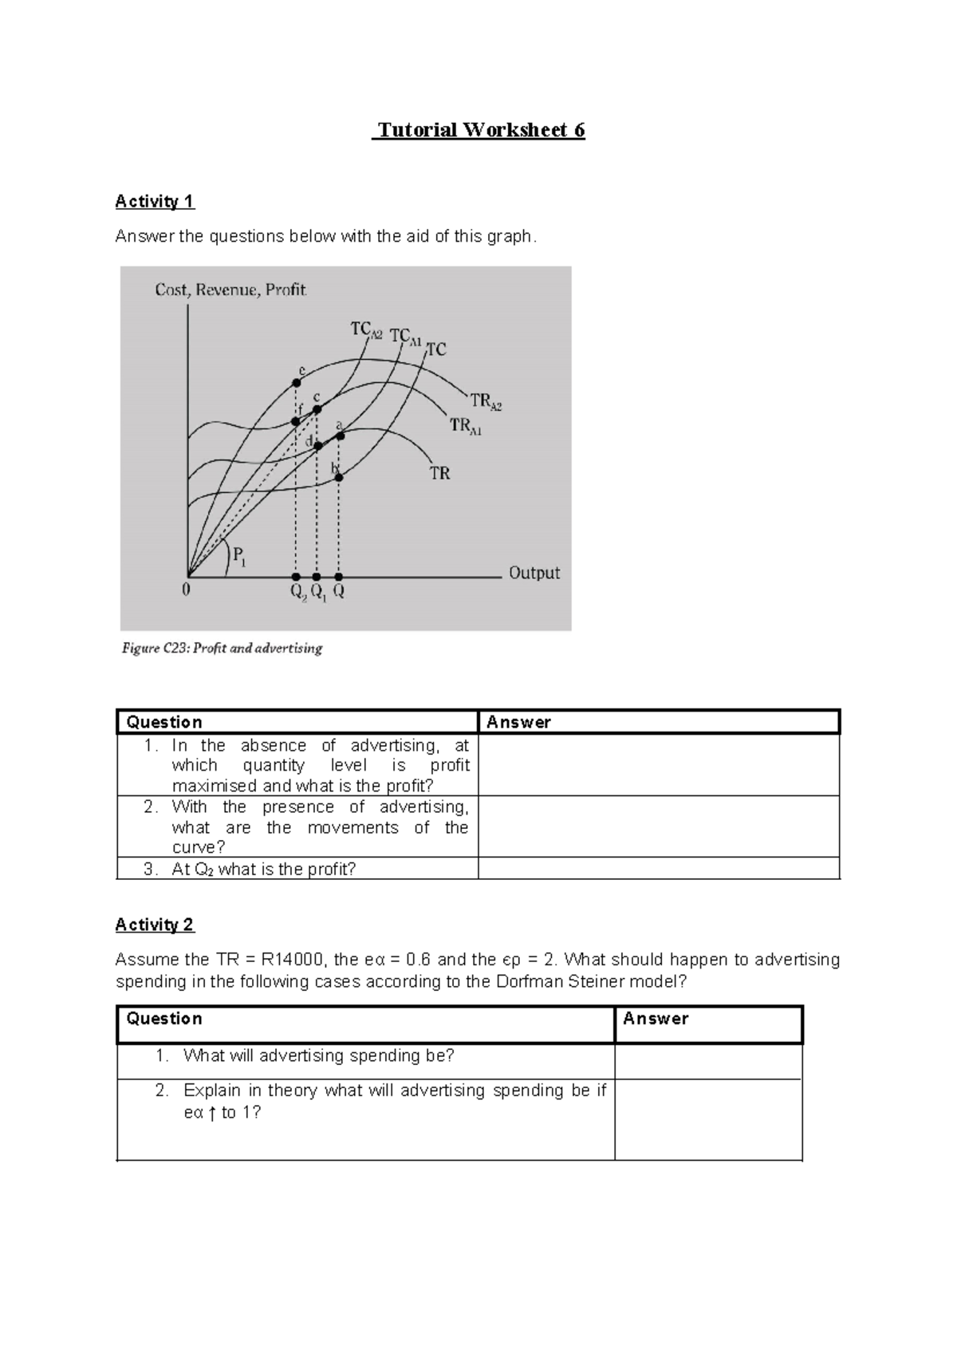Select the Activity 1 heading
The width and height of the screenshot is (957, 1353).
(155, 201)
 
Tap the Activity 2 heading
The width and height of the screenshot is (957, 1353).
(155, 925)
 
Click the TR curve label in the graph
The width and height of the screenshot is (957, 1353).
(440, 473)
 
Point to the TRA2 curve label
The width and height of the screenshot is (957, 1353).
(486, 401)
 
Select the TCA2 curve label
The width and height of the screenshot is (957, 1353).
(366, 329)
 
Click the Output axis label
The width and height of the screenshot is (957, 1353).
(534, 573)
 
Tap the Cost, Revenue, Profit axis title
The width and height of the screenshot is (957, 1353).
(230, 290)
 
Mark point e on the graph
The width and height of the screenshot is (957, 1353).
(296, 383)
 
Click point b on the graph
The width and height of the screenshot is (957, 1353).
(339, 477)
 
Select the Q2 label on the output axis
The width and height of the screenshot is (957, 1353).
(297, 594)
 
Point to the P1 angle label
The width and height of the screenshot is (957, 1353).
(239, 555)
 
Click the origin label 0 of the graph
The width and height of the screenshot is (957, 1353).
(186, 591)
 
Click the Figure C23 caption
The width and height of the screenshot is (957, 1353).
(222, 649)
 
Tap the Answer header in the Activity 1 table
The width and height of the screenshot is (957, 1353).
(519, 722)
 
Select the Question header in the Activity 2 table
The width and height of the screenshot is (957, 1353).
(164, 1019)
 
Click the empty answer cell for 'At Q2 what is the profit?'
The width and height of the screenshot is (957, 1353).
(658, 869)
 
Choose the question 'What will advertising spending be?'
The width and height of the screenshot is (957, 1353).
(318, 1055)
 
